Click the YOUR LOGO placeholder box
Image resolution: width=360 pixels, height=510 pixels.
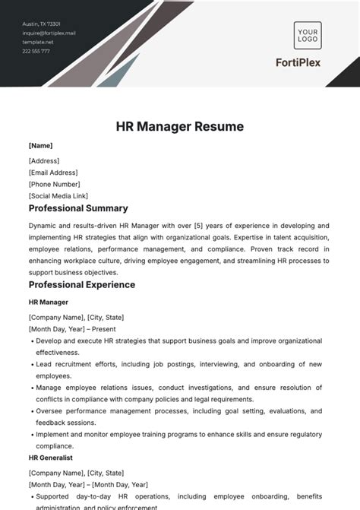point(308,35)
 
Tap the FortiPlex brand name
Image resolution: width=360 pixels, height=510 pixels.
point(308,62)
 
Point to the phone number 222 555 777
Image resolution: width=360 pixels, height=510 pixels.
point(36,51)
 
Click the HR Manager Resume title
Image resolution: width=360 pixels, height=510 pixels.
point(180,126)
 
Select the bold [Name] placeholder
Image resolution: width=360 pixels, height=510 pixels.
point(40,145)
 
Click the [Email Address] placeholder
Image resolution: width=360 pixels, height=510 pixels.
point(54,173)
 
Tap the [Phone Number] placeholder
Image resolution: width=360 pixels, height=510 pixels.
point(54,184)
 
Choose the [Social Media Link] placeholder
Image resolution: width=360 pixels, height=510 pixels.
point(58,195)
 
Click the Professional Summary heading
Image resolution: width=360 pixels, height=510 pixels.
point(78,208)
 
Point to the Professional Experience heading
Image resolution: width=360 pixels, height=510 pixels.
point(82,285)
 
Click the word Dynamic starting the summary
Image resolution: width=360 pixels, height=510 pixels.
point(43,226)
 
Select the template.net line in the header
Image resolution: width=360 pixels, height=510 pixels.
point(39,42)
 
